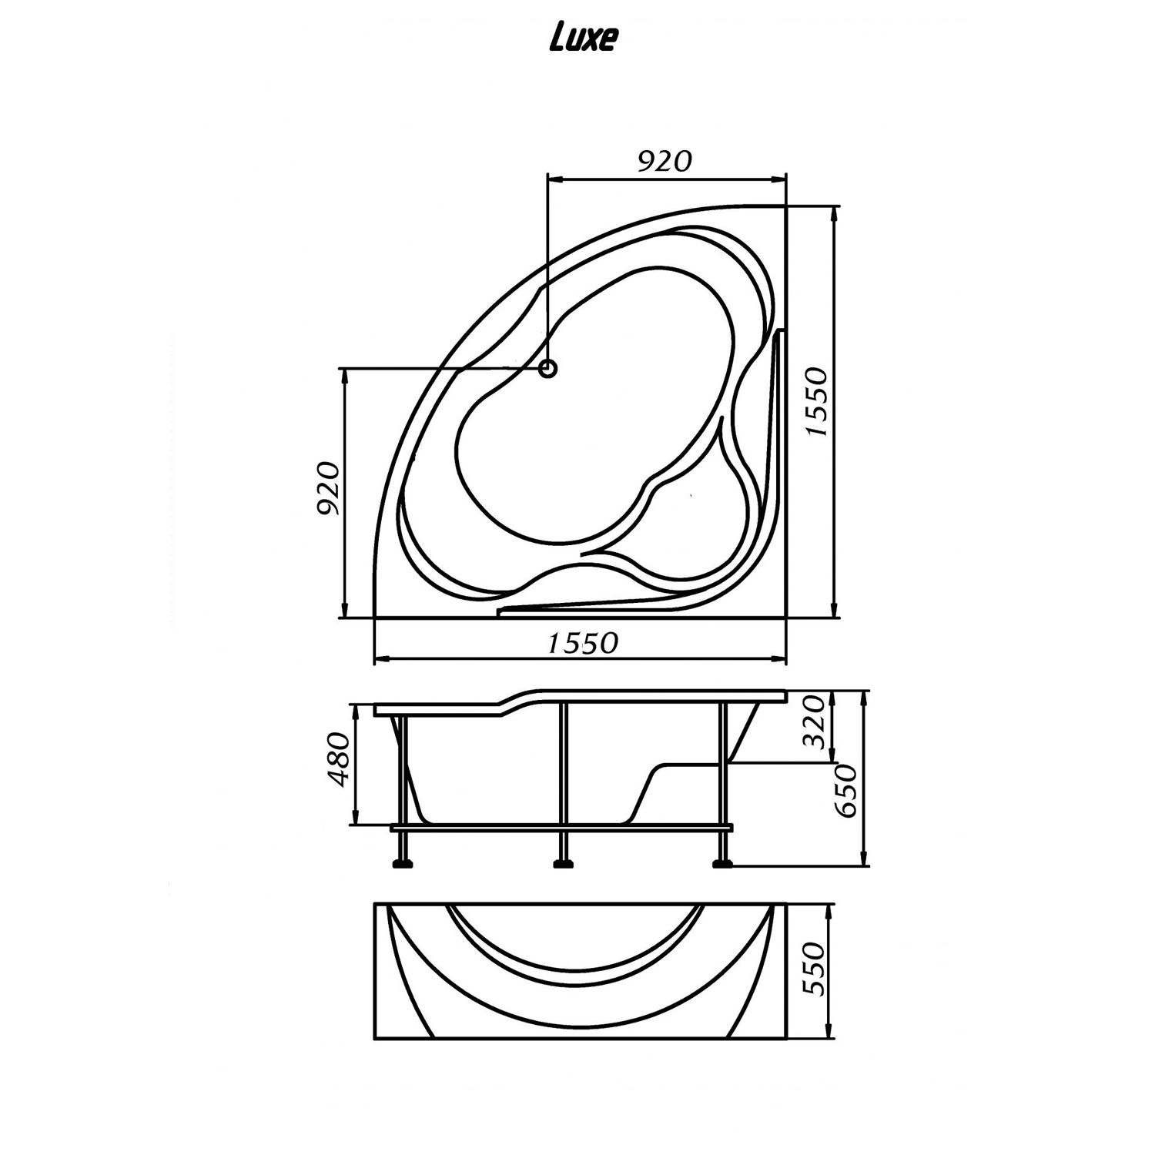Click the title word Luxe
point(583,39)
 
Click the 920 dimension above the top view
point(666,161)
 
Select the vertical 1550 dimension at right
point(817,403)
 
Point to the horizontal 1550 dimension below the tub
point(583,643)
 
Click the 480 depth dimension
point(339,759)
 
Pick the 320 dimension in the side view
point(815,721)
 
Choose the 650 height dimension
point(846,792)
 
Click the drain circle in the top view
point(547,369)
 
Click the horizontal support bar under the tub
point(562,829)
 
